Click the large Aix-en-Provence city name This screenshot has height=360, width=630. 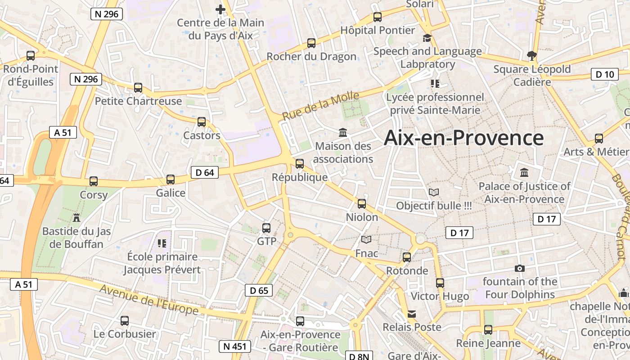click(463, 138)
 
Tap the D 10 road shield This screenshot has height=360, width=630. click(604, 75)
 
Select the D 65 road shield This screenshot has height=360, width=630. click(259, 290)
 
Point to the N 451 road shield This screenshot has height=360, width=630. click(235, 346)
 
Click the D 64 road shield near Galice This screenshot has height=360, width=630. click(205, 172)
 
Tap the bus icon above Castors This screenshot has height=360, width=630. click(202, 122)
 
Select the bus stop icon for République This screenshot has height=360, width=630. click(300, 164)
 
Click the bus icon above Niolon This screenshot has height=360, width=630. click(362, 204)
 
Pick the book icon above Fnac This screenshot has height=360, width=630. click(367, 240)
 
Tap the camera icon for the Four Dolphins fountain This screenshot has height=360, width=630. click(519, 269)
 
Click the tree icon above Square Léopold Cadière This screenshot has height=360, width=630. click(531, 56)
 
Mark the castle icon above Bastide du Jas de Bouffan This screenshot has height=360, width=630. click(76, 218)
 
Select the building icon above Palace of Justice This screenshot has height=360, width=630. click(524, 173)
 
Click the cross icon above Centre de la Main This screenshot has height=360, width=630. click(220, 9)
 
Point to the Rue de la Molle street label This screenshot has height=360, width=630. click(320, 106)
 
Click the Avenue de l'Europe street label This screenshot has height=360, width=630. click(149, 300)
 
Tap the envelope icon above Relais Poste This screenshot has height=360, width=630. click(412, 314)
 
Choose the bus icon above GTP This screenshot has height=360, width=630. click(266, 228)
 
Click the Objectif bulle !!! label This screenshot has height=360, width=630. click(434, 206)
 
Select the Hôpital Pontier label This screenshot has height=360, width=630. click(378, 30)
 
